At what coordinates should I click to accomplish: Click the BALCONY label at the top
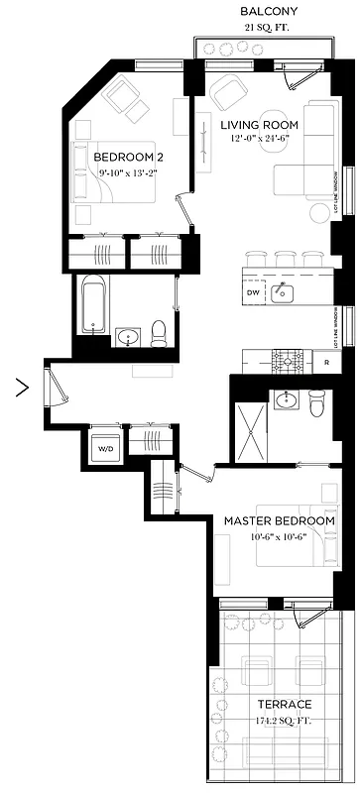(x=269, y=11)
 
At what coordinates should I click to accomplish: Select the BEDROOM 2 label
(x=126, y=157)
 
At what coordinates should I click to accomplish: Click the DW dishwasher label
(x=253, y=293)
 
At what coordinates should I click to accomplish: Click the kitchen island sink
(x=282, y=291)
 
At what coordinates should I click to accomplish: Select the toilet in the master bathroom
(x=316, y=404)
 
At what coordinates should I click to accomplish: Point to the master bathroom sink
(x=286, y=400)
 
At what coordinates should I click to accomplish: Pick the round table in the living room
(x=319, y=213)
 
